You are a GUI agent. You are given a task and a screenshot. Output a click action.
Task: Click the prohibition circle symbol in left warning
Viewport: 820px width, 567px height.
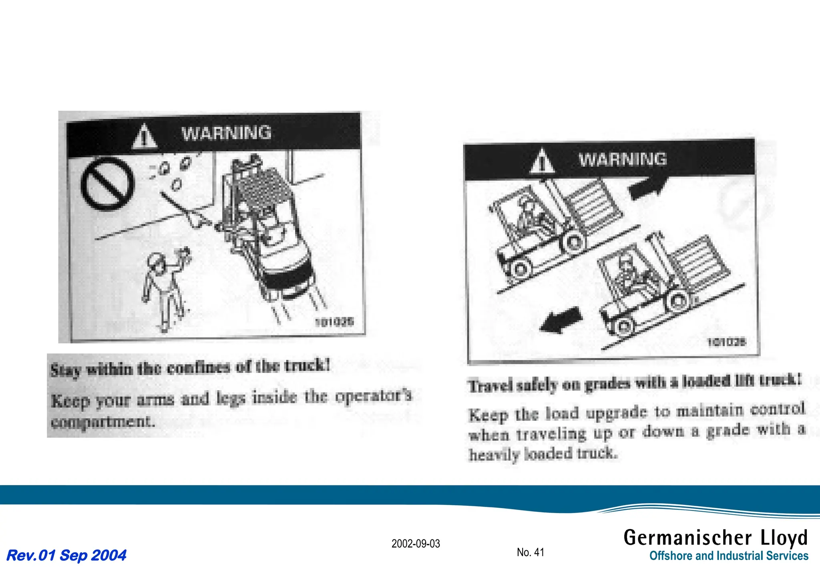(x=107, y=184)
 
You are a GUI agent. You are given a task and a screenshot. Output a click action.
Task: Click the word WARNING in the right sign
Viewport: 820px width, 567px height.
(x=623, y=159)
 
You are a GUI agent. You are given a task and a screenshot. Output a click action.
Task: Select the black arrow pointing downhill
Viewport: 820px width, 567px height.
(x=561, y=320)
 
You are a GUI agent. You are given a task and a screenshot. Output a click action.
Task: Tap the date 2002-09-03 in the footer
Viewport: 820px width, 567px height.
(x=416, y=544)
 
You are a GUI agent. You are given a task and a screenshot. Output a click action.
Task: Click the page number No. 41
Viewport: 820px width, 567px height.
(x=530, y=552)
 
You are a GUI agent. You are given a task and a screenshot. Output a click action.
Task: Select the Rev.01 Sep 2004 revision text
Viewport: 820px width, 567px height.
(x=66, y=555)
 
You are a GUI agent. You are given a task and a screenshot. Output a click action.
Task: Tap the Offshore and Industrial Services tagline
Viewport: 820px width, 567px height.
(x=729, y=556)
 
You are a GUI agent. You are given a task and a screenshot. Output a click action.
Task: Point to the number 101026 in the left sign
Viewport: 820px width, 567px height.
(x=334, y=321)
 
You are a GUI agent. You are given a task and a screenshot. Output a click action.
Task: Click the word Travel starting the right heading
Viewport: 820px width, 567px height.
(x=490, y=386)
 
